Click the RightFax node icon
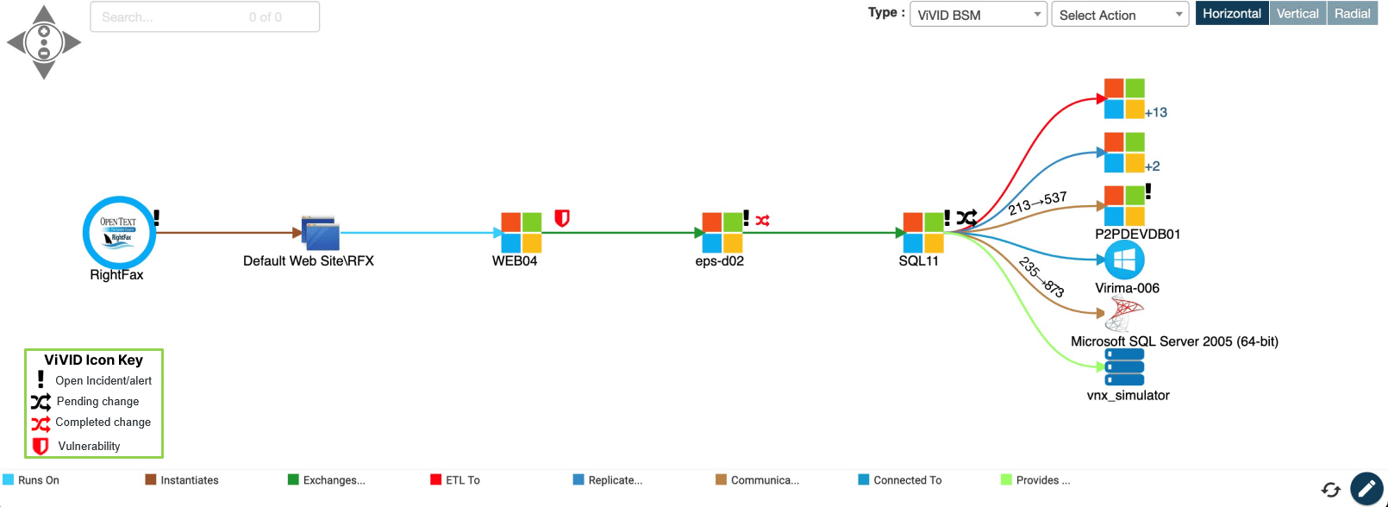click(119, 233)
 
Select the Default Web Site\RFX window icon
click(321, 233)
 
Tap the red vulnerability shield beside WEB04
click(562, 218)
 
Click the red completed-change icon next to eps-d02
click(763, 220)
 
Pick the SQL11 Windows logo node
click(923, 233)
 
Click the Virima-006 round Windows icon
click(1124, 260)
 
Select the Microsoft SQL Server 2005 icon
click(1124, 314)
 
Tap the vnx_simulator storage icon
click(1124, 367)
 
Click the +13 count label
click(1155, 112)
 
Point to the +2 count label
click(1153, 166)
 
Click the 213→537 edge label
click(1037, 203)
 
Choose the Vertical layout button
click(1297, 14)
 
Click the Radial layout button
click(1352, 14)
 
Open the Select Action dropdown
click(1120, 15)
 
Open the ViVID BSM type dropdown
click(978, 15)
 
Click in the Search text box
click(204, 16)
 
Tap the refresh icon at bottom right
click(1330, 490)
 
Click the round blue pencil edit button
click(1366, 489)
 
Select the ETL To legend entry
click(455, 479)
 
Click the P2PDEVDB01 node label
click(1138, 235)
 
